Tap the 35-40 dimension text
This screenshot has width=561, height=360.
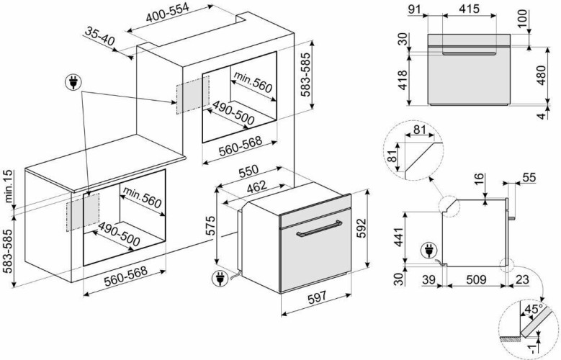tap(99, 37)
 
